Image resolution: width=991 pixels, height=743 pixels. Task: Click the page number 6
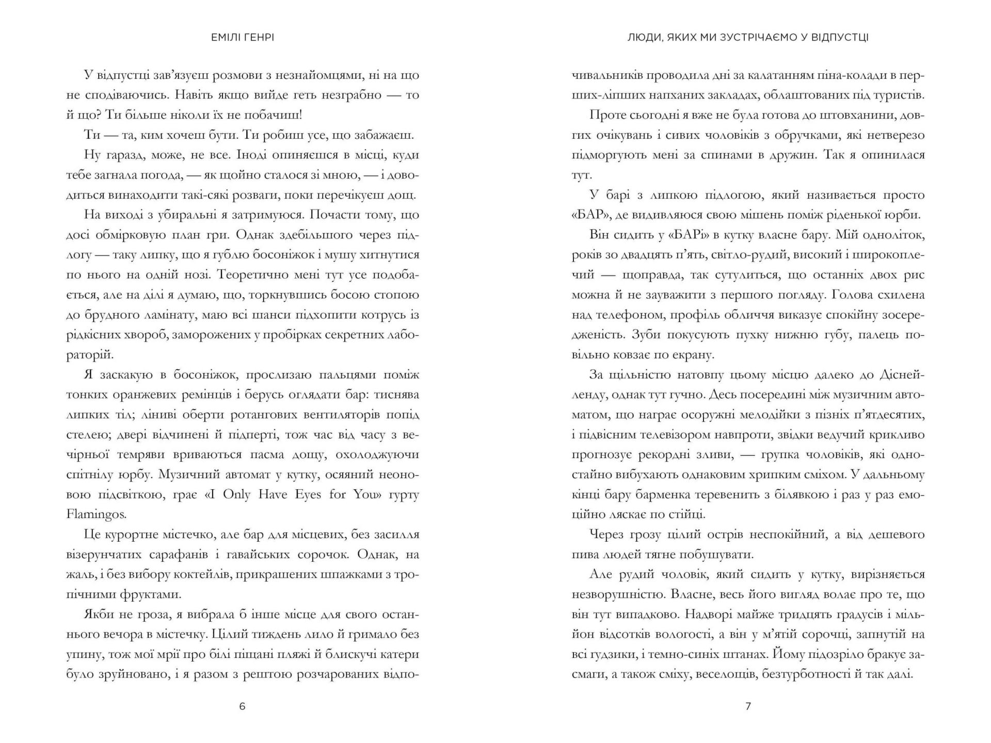coord(242,706)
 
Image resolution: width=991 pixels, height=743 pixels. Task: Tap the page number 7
coord(748,706)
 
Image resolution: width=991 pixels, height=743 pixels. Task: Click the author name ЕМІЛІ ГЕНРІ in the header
coord(242,38)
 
